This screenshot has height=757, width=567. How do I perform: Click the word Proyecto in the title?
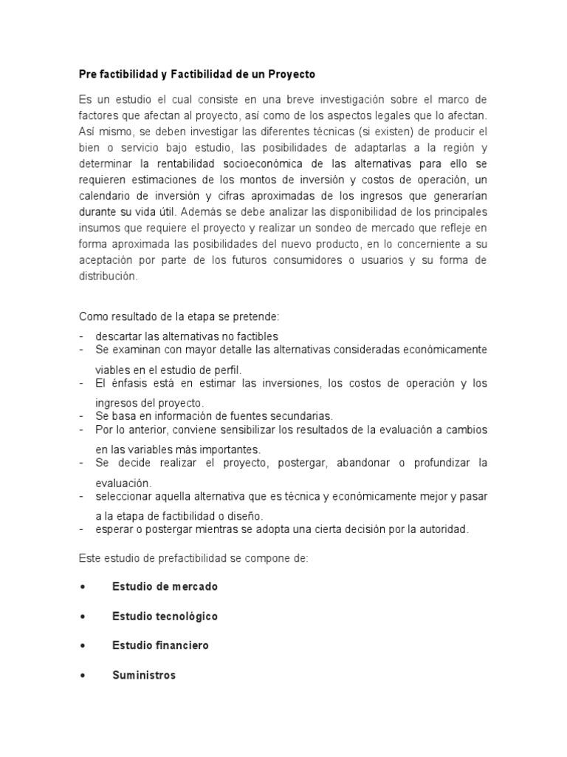[x=290, y=75]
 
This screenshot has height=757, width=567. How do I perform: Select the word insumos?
[x=99, y=228]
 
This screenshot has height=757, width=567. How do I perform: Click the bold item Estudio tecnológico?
[x=165, y=616]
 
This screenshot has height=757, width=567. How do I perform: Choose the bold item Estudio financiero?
[x=160, y=645]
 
